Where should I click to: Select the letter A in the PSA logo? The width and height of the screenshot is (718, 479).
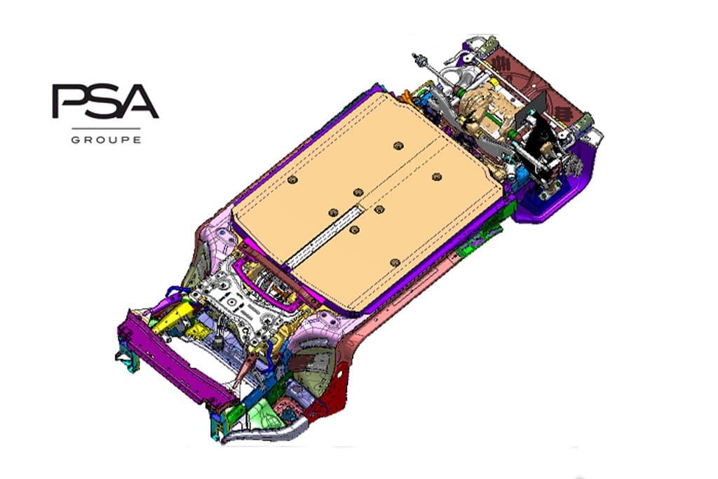[x=137, y=101]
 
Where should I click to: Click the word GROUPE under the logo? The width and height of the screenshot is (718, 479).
[x=107, y=140]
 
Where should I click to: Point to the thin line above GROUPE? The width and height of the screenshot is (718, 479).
[x=107, y=128]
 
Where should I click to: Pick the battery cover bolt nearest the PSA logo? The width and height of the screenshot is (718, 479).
[x=293, y=180]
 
